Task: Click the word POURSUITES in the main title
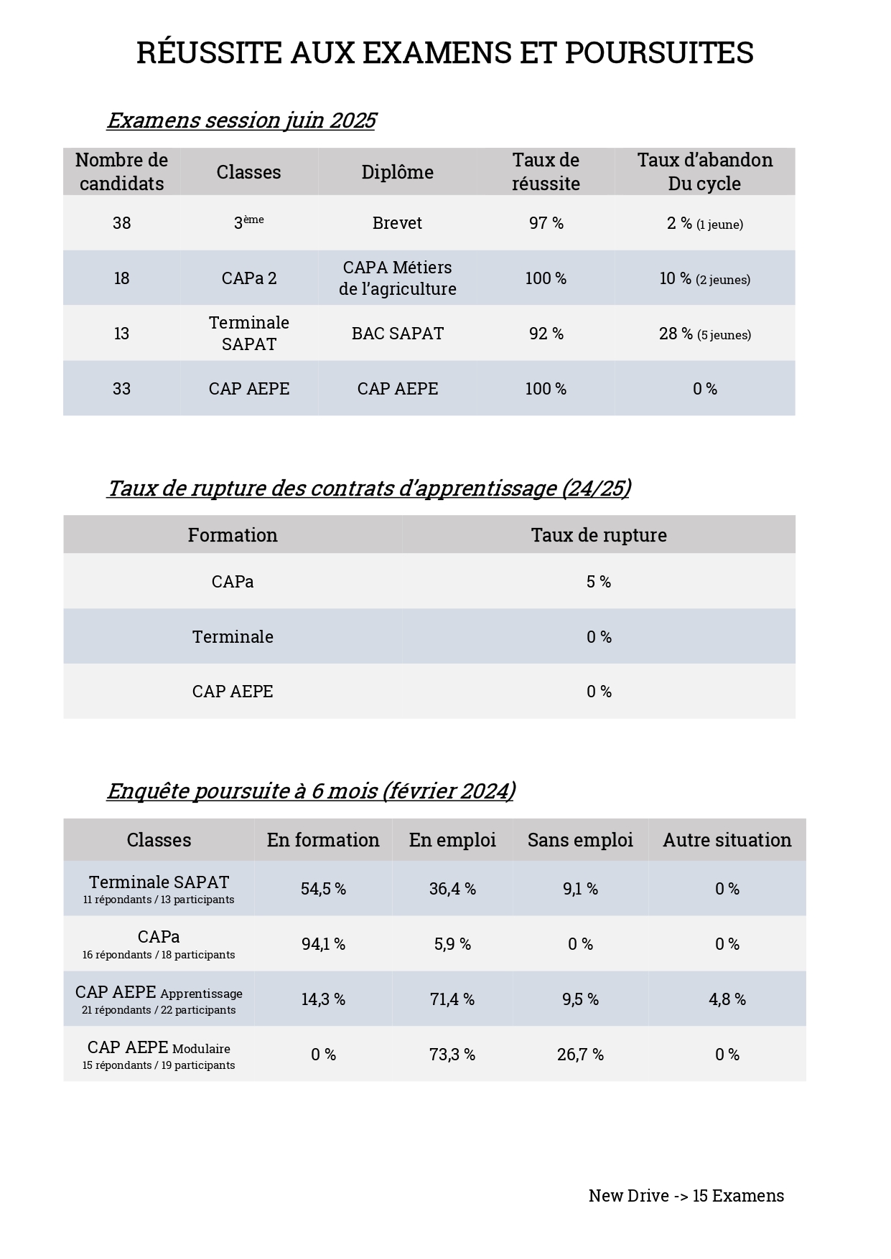click(658, 53)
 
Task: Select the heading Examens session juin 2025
click(241, 120)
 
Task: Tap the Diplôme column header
click(397, 172)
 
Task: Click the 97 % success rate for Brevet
click(546, 223)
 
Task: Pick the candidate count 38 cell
click(121, 223)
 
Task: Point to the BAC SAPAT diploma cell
click(397, 334)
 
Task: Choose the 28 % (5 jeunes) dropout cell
click(704, 334)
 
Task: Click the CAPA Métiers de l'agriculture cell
click(397, 278)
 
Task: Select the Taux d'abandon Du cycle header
click(704, 171)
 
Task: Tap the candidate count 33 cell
click(121, 389)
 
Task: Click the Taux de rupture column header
click(599, 535)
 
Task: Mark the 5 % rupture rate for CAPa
click(599, 582)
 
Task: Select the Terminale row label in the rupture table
click(233, 637)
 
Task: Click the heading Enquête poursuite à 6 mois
click(311, 791)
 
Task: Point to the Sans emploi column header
click(580, 840)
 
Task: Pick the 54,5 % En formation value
click(323, 889)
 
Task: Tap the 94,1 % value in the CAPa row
click(323, 944)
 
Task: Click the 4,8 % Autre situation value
click(727, 999)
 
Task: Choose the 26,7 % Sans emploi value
click(580, 1055)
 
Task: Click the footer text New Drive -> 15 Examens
click(686, 1196)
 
